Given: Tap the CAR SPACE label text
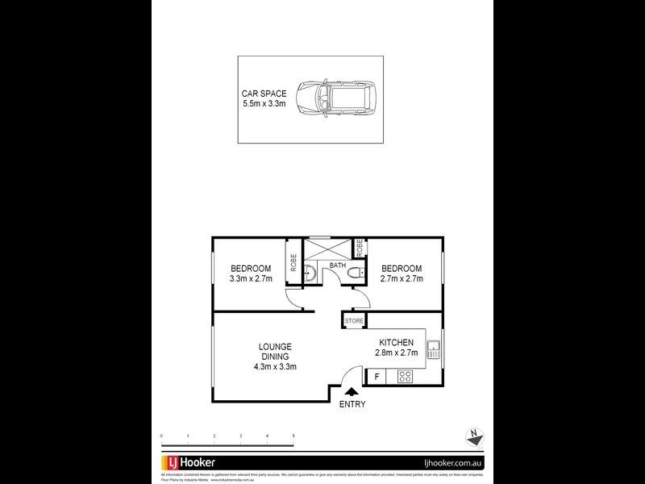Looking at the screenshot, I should (264, 94).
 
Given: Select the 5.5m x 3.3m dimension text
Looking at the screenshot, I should (264, 104).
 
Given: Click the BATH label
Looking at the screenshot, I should (337, 265).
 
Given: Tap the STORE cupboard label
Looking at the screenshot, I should (354, 321).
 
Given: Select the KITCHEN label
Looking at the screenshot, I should (395, 343).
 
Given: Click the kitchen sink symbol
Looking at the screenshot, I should (433, 350).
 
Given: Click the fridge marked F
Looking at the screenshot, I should (377, 377).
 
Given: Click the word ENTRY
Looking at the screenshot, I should (352, 403).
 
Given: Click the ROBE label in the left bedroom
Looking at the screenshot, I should (293, 263).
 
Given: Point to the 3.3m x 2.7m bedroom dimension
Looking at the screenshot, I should (251, 279).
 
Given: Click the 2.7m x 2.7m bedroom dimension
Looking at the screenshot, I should (402, 279).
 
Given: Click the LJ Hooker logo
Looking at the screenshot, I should (193, 463).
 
